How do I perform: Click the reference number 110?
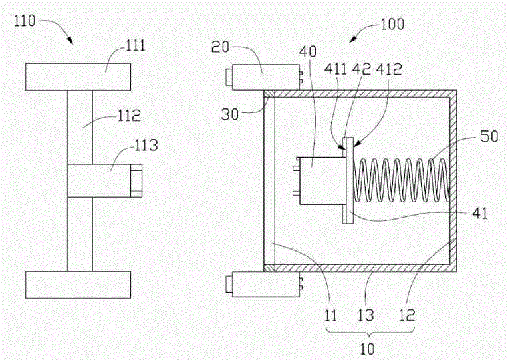coord(25,21)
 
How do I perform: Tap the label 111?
coord(136,45)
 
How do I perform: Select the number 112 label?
coord(129,116)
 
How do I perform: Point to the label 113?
coord(146,145)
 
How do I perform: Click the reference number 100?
coord(392,24)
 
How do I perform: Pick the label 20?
coord(220,47)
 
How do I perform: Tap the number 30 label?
coord(230,114)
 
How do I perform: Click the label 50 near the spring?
coord(489,136)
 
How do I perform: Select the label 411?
coord(336,69)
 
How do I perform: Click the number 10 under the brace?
coord(367,349)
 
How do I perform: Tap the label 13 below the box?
coord(366,315)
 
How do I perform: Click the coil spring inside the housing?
coord(401,180)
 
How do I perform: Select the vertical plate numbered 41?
coord(348,180)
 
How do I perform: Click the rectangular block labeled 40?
coord(322,180)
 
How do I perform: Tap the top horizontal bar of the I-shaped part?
coord(78,77)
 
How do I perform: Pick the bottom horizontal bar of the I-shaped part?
coord(78,285)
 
